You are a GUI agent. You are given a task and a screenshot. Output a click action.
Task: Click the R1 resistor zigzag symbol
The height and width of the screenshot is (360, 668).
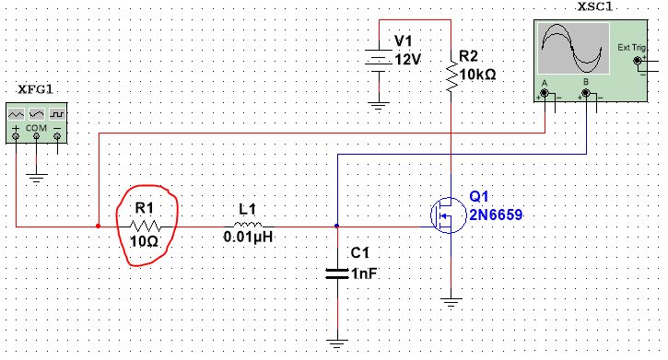146,225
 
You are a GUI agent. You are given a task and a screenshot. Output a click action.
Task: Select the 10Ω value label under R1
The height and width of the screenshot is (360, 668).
145,241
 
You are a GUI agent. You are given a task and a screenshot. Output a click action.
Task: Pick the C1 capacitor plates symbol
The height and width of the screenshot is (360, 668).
338,273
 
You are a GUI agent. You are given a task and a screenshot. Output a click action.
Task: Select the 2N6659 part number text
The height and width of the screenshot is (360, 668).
495,215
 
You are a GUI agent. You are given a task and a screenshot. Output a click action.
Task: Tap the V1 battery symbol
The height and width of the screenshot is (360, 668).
377,58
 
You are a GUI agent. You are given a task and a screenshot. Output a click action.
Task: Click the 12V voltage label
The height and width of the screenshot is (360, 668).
407,59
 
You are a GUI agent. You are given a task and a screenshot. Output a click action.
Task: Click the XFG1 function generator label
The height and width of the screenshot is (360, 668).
36,89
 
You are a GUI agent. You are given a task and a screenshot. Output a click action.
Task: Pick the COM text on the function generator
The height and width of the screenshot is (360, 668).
36,124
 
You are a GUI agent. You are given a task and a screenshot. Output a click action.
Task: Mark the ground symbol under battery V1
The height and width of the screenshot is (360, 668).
377,105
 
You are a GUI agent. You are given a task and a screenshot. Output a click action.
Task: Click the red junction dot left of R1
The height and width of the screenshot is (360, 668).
99,225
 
